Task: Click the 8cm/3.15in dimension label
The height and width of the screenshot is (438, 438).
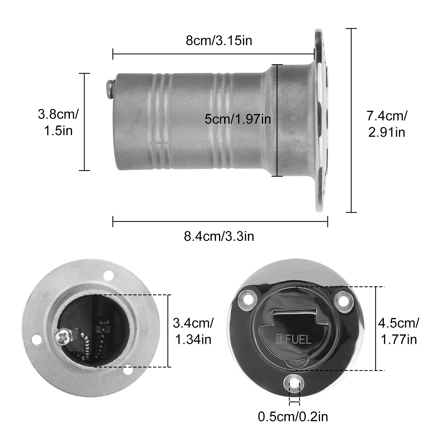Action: [219, 41]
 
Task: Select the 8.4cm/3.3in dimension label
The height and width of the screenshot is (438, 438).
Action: [219, 236]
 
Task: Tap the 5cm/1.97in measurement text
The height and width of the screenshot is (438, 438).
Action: [238, 119]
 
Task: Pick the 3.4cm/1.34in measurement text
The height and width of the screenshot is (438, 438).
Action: [193, 331]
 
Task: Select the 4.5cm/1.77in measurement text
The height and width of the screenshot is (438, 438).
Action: [398, 331]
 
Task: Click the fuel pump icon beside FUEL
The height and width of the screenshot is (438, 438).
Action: [280, 339]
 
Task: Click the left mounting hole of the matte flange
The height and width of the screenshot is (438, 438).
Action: [35, 340]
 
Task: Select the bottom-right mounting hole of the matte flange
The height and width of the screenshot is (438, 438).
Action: [127, 370]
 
